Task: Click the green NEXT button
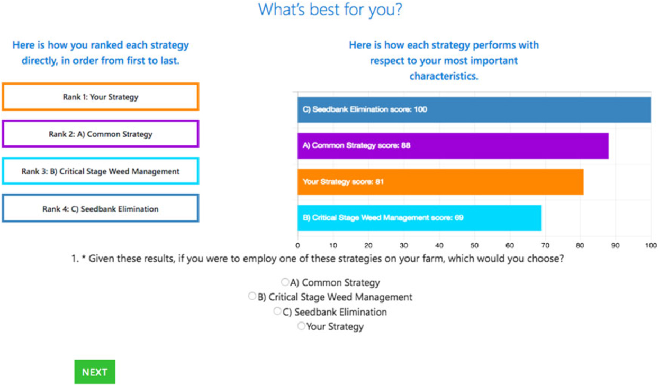(94, 372)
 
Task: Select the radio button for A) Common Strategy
(285, 282)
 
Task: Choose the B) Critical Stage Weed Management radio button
(252, 297)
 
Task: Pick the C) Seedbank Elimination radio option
(277, 311)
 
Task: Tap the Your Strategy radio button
(301, 326)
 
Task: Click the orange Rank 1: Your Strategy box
(100, 97)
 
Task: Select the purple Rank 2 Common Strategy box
(100, 134)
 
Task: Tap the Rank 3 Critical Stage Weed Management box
(100, 171)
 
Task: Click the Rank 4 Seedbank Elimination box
(100, 209)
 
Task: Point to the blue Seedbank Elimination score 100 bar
(474, 109)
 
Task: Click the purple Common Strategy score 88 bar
(453, 145)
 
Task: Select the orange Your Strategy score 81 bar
(440, 182)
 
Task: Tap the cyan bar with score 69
(419, 218)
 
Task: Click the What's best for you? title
(330, 10)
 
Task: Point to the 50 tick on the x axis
(474, 246)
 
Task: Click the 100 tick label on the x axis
(651, 246)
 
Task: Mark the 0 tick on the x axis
(297, 246)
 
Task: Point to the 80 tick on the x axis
(580, 246)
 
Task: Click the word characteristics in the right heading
(443, 76)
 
